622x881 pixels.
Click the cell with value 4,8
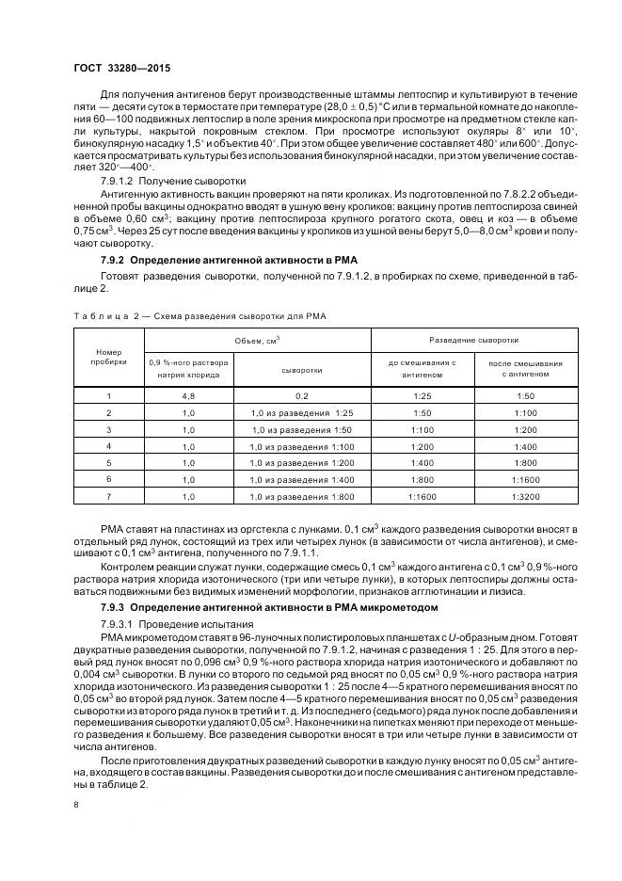(x=188, y=396)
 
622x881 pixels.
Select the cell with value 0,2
(x=301, y=396)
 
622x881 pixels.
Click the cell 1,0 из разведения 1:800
(x=301, y=496)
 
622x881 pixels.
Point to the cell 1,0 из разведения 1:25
(x=301, y=413)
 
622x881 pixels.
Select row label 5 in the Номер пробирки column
(x=108, y=463)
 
